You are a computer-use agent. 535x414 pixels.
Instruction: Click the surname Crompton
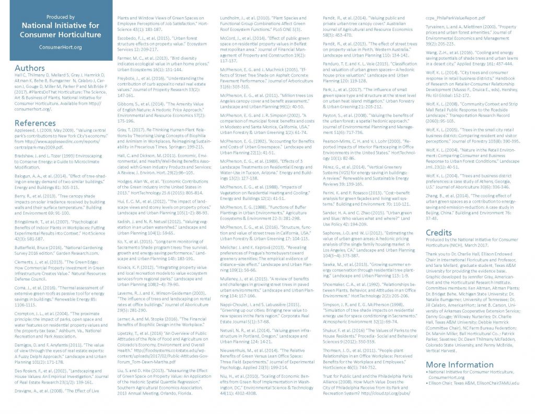point(26,313)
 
